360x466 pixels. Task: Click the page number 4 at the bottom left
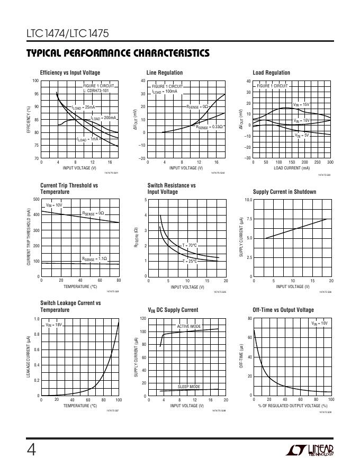[x=31, y=449]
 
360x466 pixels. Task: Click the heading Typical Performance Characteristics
[x=118, y=53]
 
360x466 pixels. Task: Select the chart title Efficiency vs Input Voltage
[x=70, y=73]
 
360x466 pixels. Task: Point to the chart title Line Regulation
[x=165, y=73]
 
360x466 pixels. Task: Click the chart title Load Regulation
[x=272, y=73]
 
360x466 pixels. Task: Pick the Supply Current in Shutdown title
[x=284, y=192]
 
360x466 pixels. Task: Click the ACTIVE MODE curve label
[x=189, y=327]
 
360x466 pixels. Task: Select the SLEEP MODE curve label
[x=189, y=387]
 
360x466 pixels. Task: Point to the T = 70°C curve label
[x=190, y=245]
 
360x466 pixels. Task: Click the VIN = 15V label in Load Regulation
[x=301, y=105]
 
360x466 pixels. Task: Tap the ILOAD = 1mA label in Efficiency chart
[x=87, y=139]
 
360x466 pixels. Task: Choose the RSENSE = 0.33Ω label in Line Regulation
[x=209, y=127]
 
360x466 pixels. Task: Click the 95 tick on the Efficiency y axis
[x=35, y=94]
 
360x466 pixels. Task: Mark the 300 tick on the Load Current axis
[x=330, y=162]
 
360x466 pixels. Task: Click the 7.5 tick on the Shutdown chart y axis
[x=248, y=219]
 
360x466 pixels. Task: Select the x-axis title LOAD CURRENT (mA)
[x=292, y=168]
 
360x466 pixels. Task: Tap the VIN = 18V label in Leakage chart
[x=55, y=325]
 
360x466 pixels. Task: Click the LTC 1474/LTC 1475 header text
[x=67, y=34]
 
